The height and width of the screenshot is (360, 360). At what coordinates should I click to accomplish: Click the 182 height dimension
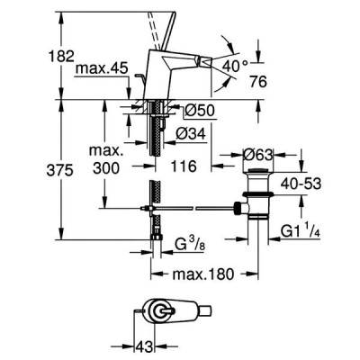[61, 56]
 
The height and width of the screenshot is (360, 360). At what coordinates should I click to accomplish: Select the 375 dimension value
[60, 171]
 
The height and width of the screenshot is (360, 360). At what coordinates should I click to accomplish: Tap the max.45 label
[102, 68]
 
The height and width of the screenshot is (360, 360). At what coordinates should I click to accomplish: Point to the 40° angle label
[236, 66]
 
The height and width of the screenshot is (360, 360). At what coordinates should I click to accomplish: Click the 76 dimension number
[258, 82]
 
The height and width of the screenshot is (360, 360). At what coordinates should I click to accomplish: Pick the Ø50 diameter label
[200, 111]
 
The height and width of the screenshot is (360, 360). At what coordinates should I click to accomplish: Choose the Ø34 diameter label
[191, 133]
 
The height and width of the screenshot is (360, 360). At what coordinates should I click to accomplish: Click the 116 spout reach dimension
[184, 166]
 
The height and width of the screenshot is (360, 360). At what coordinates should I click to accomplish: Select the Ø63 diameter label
[258, 155]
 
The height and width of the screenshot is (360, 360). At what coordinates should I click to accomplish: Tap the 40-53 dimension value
[301, 184]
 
